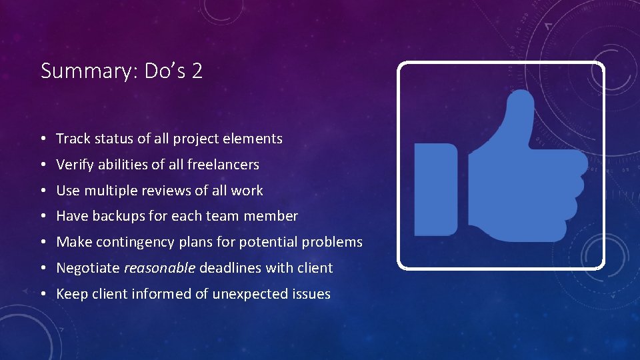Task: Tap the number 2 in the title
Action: tap(197, 71)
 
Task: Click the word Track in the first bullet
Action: tap(72, 139)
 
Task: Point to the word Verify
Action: tap(74, 165)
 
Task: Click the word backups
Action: tap(115, 216)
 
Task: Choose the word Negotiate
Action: tap(87, 268)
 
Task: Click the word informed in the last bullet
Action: tap(163, 293)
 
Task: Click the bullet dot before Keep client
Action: tap(43, 294)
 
